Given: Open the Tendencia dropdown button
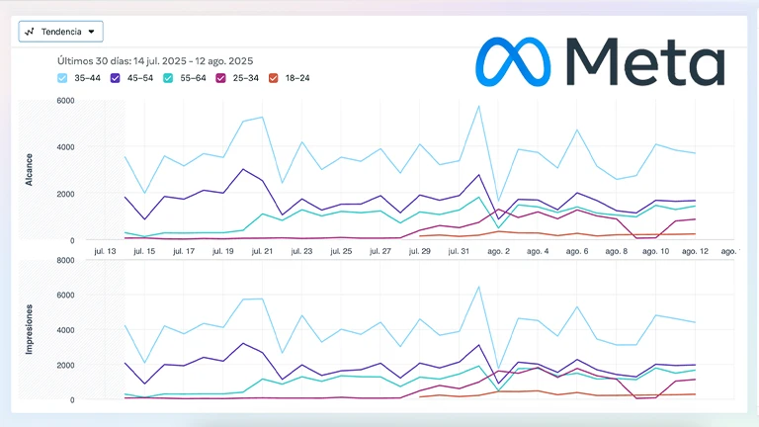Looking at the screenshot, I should pyautogui.click(x=60, y=31).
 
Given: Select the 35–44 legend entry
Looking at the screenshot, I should pyautogui.click(x=78, y=77).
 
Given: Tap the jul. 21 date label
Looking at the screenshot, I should pyautogui.click(x=262, y=251).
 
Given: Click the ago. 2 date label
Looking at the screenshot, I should pyautogui.click(x=498, y=251).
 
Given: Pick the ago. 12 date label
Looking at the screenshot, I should pyautogui.click(x=695, y=251).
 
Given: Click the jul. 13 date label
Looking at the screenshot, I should pyautogui.click(x=105, y=251).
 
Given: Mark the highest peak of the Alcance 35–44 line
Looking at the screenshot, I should pyautogui.click(x=479, y=106).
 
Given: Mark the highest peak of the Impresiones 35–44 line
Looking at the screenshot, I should pyautogui.click(x=479, y=287).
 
